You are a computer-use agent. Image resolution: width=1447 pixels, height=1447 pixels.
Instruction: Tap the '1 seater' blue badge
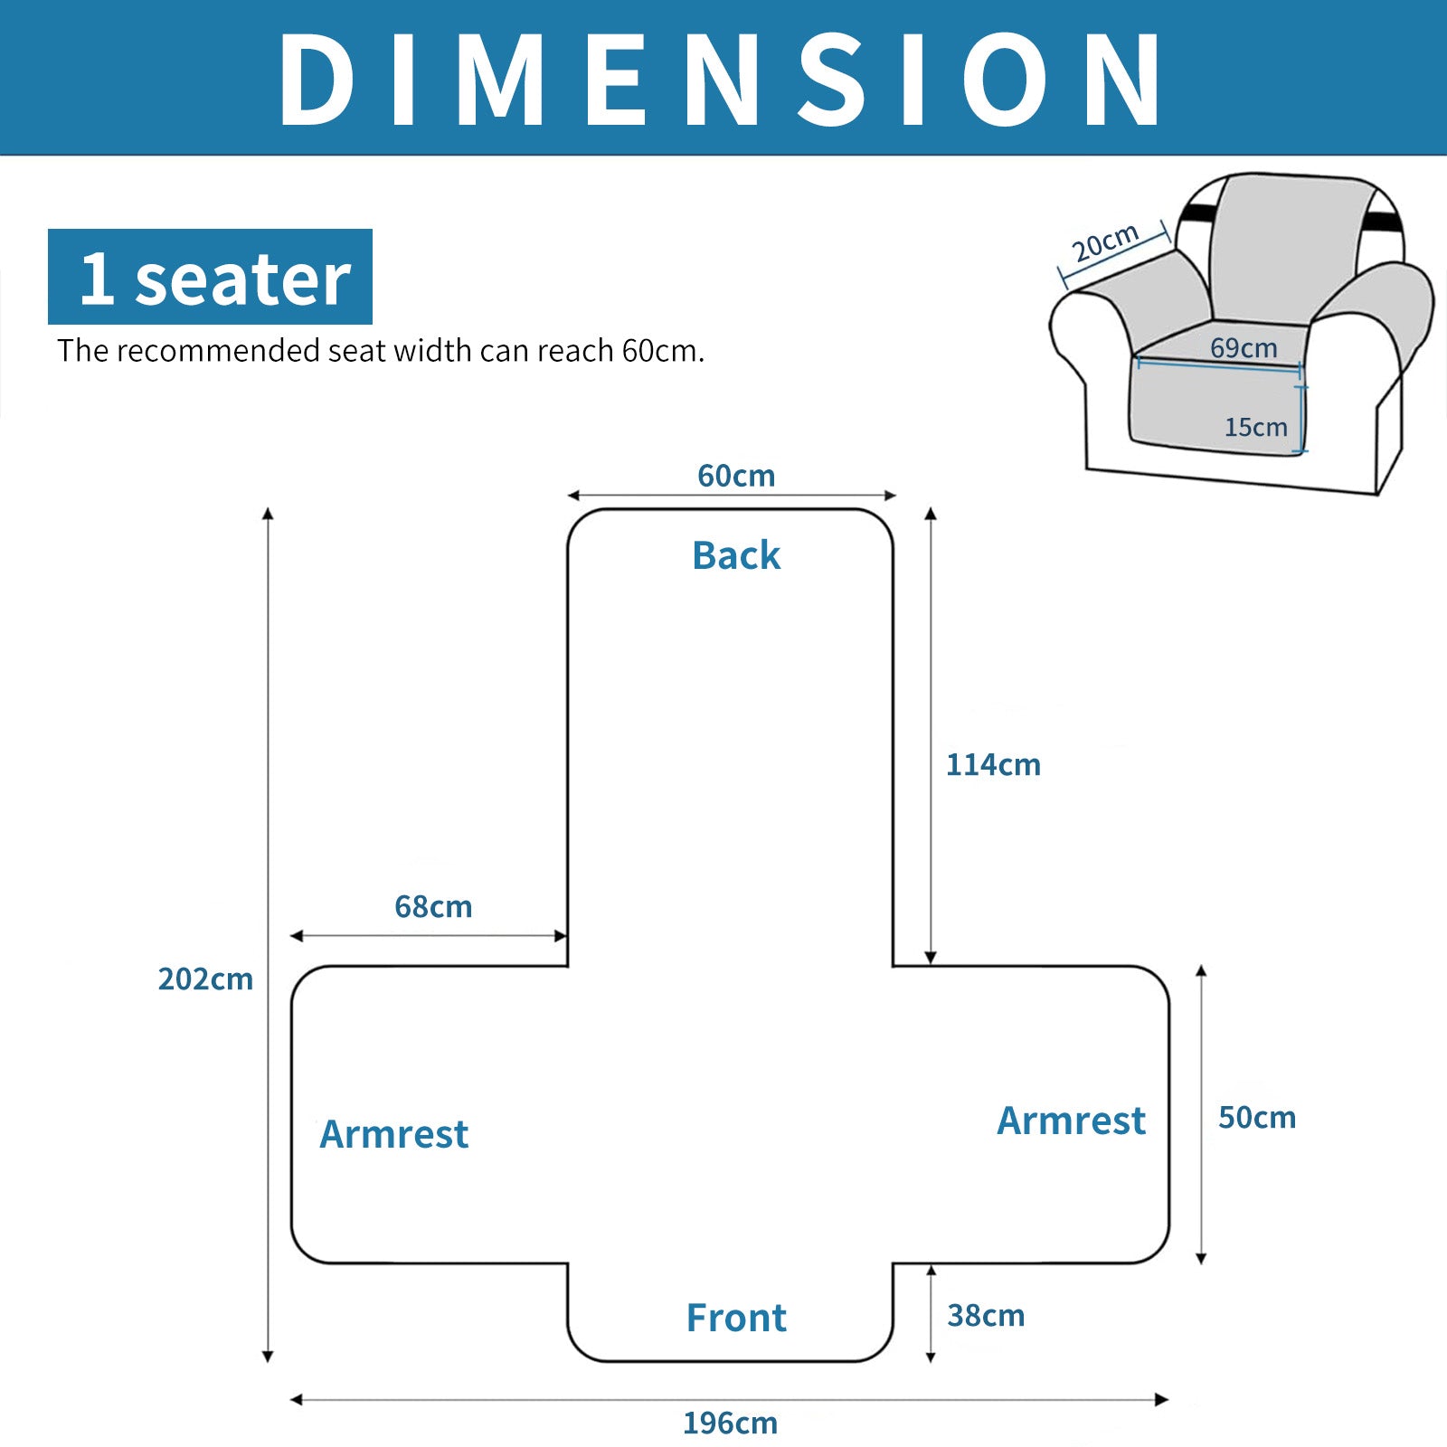[x=210, y=277]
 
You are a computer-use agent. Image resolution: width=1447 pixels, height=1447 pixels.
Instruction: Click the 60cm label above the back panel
[x=736, y=476]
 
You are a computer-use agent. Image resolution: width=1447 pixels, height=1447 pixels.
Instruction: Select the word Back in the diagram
[x=736, y=555]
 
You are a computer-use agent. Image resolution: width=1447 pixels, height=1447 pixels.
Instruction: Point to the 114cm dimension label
[x=993, y=765]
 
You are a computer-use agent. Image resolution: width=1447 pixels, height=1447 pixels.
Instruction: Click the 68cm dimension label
[x=433, y=906]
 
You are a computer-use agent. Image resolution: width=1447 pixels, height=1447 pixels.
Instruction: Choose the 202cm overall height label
[x=205, y=979]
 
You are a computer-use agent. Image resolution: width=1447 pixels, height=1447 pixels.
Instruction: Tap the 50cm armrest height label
[x=1256, y=1118]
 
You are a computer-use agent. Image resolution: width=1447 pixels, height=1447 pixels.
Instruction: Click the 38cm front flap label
[x=986, y=1315]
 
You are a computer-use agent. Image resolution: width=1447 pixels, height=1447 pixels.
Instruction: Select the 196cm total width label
[x=730, y=1423]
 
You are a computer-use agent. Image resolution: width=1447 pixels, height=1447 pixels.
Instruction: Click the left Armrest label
[x=394, y=1134]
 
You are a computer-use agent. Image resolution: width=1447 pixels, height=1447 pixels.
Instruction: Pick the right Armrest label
[x=1071, y=1121]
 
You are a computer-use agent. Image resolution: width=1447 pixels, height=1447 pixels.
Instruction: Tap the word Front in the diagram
[x=736, y=1318]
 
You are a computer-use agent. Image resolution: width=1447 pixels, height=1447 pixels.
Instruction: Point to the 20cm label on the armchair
[x=1104, y=241]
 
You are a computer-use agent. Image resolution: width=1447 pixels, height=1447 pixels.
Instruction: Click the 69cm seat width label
[x=1244, y=347]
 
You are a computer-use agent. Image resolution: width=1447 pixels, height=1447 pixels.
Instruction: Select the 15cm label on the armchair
[x=1255, y=427]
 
